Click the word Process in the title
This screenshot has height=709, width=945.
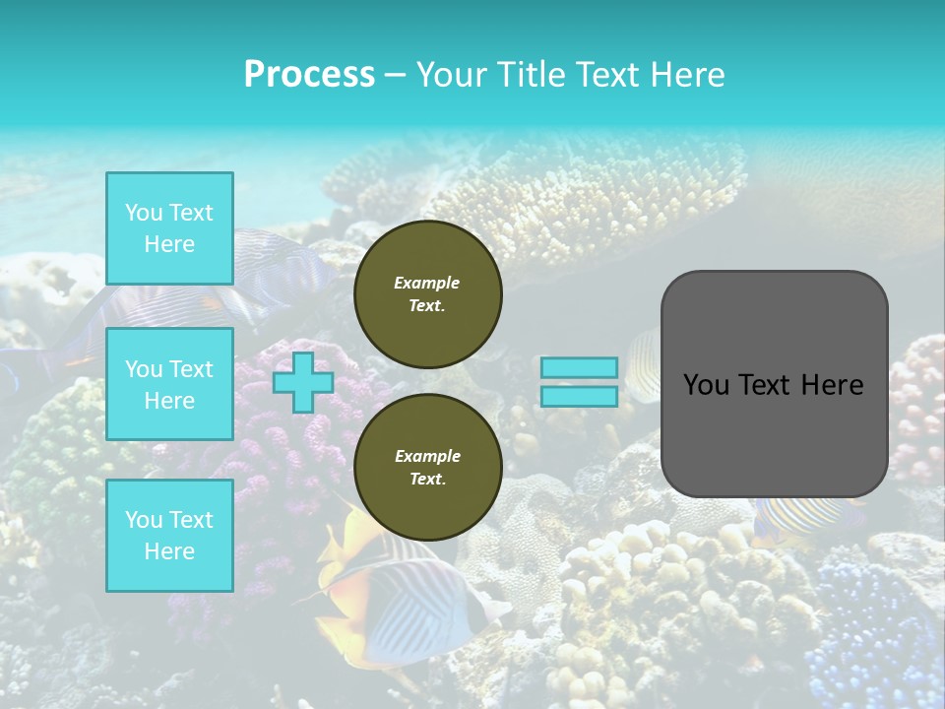coord(309,74)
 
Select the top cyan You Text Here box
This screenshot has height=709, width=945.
coord(169,228)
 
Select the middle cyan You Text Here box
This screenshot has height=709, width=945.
coord(169,384)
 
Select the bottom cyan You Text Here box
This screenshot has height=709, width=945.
coord(169,535)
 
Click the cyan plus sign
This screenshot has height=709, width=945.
coord(302,382)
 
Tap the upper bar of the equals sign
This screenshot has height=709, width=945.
coord(579,367)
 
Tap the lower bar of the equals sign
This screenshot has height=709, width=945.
coord(579,396)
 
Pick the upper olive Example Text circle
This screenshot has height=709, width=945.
coord(427,294)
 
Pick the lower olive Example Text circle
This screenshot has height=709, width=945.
coord(427,468)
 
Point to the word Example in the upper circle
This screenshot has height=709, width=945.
coord(427,283)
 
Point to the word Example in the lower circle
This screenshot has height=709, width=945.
coord(427,456)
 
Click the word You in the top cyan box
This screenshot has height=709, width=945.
coord(144,213)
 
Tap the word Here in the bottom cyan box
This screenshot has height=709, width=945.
coord(169,551)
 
